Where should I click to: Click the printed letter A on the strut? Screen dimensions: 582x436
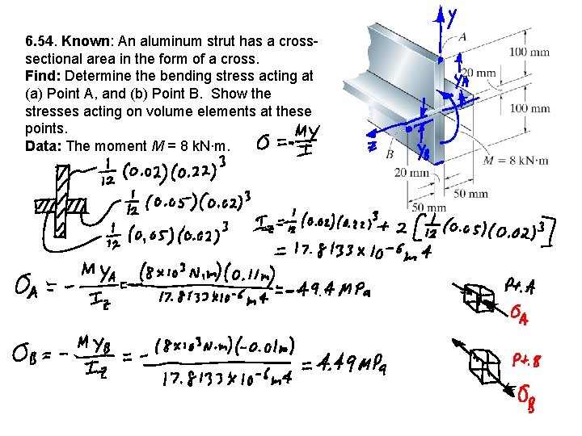click(x=462, y=36)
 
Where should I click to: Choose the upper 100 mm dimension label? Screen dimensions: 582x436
click(x=530, y=53)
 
